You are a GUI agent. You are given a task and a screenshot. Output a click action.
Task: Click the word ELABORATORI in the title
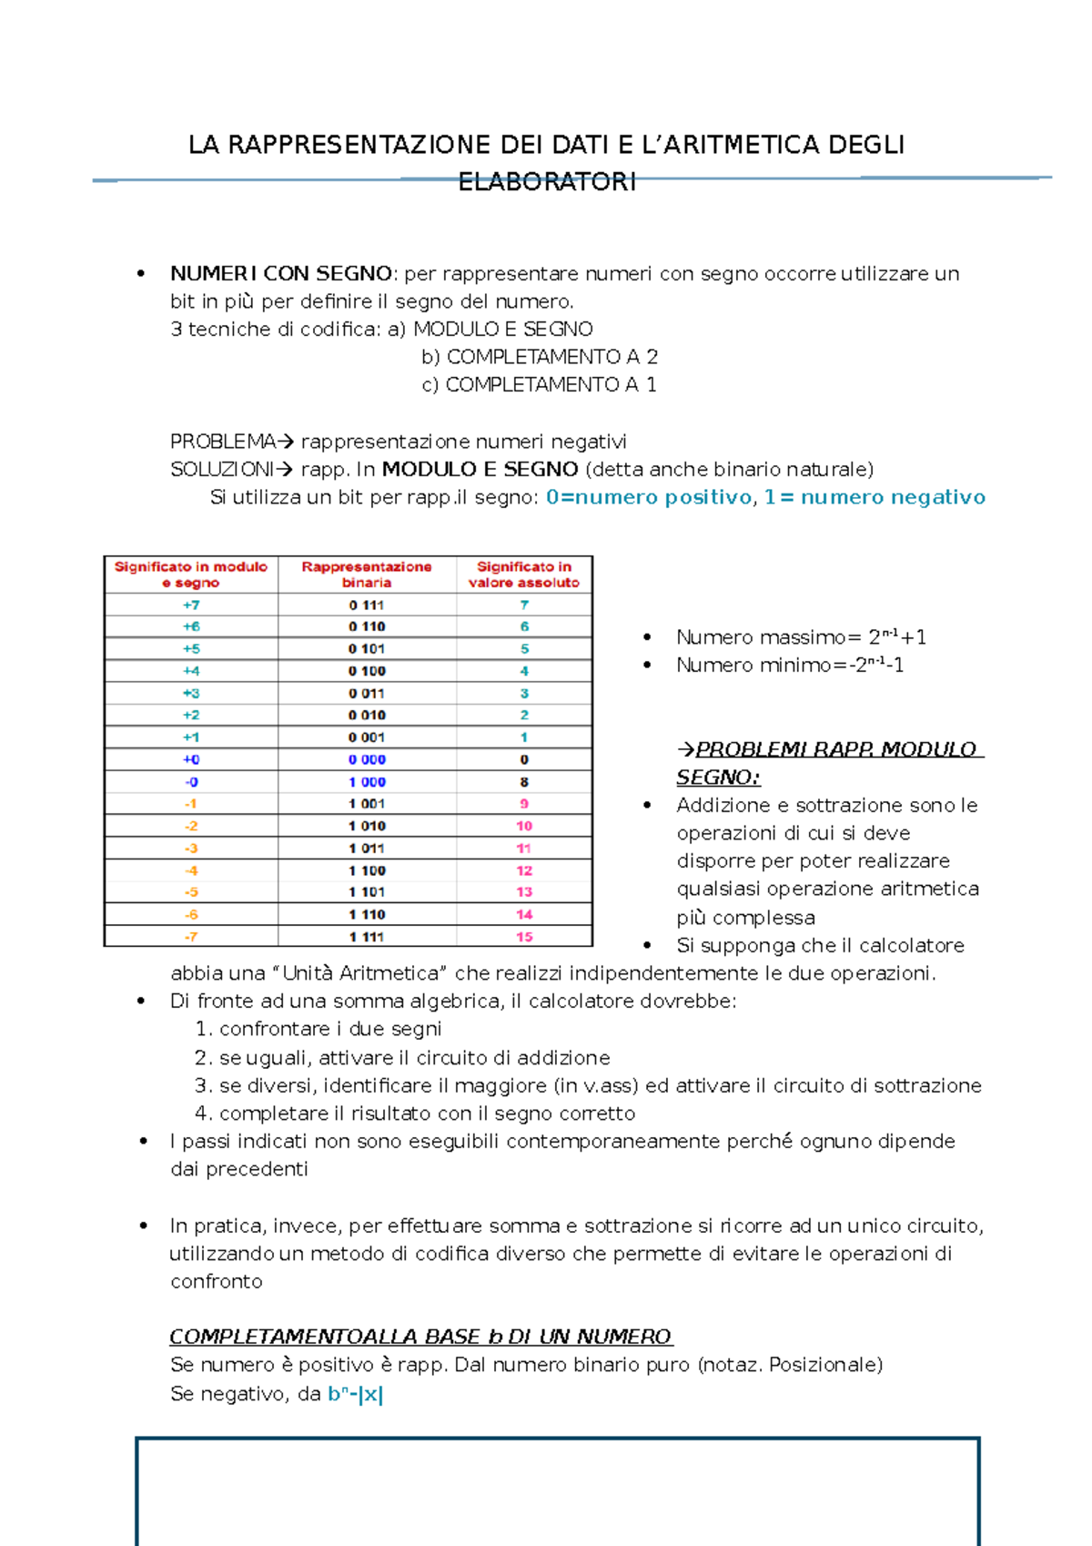pos(547,182)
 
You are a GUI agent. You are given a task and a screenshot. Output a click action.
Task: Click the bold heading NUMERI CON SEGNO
pos(280,273)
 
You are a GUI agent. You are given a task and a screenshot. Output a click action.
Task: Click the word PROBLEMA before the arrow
pos(222,442)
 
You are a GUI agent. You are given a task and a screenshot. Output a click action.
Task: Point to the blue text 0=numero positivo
pos(649,497)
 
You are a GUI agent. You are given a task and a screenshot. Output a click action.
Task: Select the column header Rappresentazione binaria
pos(367,575)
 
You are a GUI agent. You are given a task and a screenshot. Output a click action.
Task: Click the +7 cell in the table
pos(191,605)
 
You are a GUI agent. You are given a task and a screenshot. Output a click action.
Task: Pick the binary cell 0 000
pos(367,759)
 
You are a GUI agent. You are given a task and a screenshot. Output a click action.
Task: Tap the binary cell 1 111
pos(367,937)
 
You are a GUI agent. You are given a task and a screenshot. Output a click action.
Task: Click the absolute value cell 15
pos(524,937)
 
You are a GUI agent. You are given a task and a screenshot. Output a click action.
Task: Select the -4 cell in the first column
pos(191,870)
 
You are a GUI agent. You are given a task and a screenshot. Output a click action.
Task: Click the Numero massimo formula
pos(801,637)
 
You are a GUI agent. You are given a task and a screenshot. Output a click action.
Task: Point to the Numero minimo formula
pos(790,666)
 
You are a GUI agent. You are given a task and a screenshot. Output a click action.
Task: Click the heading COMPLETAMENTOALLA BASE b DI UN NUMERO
pos(420,1337)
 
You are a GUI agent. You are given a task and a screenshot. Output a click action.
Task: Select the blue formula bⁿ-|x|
pos(355,1394)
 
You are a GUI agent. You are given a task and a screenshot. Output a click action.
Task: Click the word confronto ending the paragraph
pos(217,1281)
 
